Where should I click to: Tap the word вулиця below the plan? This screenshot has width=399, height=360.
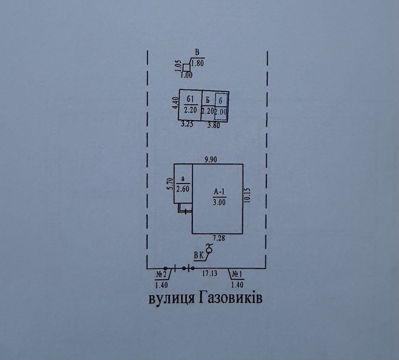pos(172,299)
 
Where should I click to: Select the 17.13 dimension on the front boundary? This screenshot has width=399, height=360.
pos(210,274)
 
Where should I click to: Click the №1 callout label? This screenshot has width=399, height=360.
pos(237,275)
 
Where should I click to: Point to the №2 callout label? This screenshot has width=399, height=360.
pos(161,275)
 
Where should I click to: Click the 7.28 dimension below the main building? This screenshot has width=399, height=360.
pos(219,238)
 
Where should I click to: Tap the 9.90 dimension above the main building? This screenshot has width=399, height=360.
pos(211,159)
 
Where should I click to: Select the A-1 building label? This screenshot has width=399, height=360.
pos(219,192)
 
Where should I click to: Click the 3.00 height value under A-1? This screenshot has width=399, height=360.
pos(219,202)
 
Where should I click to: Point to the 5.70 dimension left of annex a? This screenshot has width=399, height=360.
pos(171,184)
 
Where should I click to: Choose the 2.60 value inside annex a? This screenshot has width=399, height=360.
pos(183,189)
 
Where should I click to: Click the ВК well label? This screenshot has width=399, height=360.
pos(198,256)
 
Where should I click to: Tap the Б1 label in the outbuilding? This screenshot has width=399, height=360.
pos(190,99)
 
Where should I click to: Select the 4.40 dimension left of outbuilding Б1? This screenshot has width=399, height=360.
pos(175,103)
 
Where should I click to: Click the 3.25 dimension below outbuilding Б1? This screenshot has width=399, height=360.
pos(187,124)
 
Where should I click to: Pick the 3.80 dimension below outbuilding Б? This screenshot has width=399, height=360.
pos(214,125)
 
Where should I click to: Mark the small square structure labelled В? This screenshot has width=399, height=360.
pos(187,68)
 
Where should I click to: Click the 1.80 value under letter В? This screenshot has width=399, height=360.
pos(197,63)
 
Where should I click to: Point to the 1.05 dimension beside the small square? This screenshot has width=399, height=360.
pos(178,66)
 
